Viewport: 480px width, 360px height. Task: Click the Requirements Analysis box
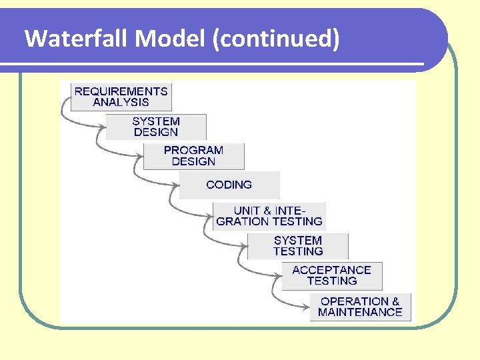tap(121, 97)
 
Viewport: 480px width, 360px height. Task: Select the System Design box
tap(156, 127)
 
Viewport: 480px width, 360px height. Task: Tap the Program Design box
tap(193, 156)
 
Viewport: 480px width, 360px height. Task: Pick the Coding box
tap(229, 185)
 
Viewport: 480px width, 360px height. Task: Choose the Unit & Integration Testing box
tap(269, 216)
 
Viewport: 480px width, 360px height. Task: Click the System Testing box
tap(297, 246)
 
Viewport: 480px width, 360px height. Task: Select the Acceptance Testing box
tap(331, 275)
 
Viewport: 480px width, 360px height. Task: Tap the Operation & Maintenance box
tap(360, 307)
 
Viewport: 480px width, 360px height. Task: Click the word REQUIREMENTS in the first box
tap(121, 91)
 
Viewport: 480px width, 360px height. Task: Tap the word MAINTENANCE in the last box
tap(360, 312)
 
